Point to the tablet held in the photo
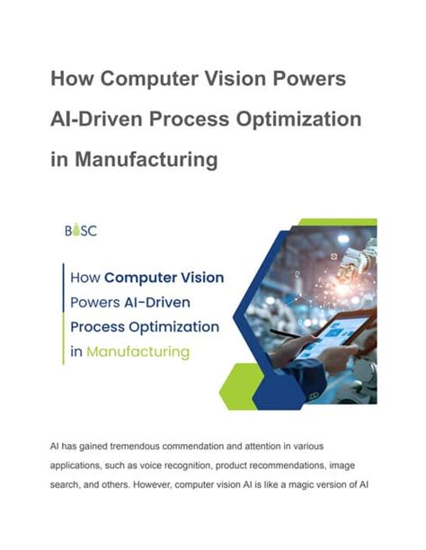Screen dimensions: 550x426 click(x=333, y=334)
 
